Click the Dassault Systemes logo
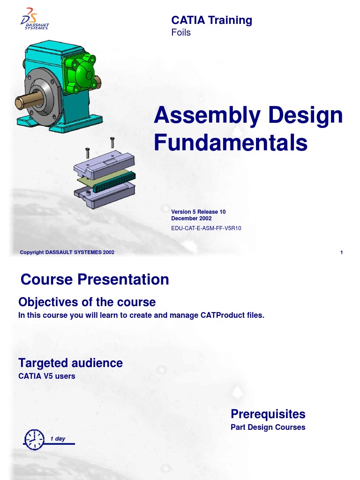click(x=35, y=19)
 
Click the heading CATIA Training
click(x=211, y=20)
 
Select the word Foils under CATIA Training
click(x=181, y=33)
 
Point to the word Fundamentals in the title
click(x=231, y=143)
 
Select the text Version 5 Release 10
click(x=198, y=212)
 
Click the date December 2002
click(x=191, y=218)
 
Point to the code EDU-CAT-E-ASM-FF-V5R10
click(x=206, y=229)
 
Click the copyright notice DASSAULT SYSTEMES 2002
click(x=67, y=253)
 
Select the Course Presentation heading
click(x=95, y=280)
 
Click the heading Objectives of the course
click(x=87, y=302)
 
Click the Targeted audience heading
click(x=70, y=363)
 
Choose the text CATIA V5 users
click(x=46, y=376)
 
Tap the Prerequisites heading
click(x=268, y=414)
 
